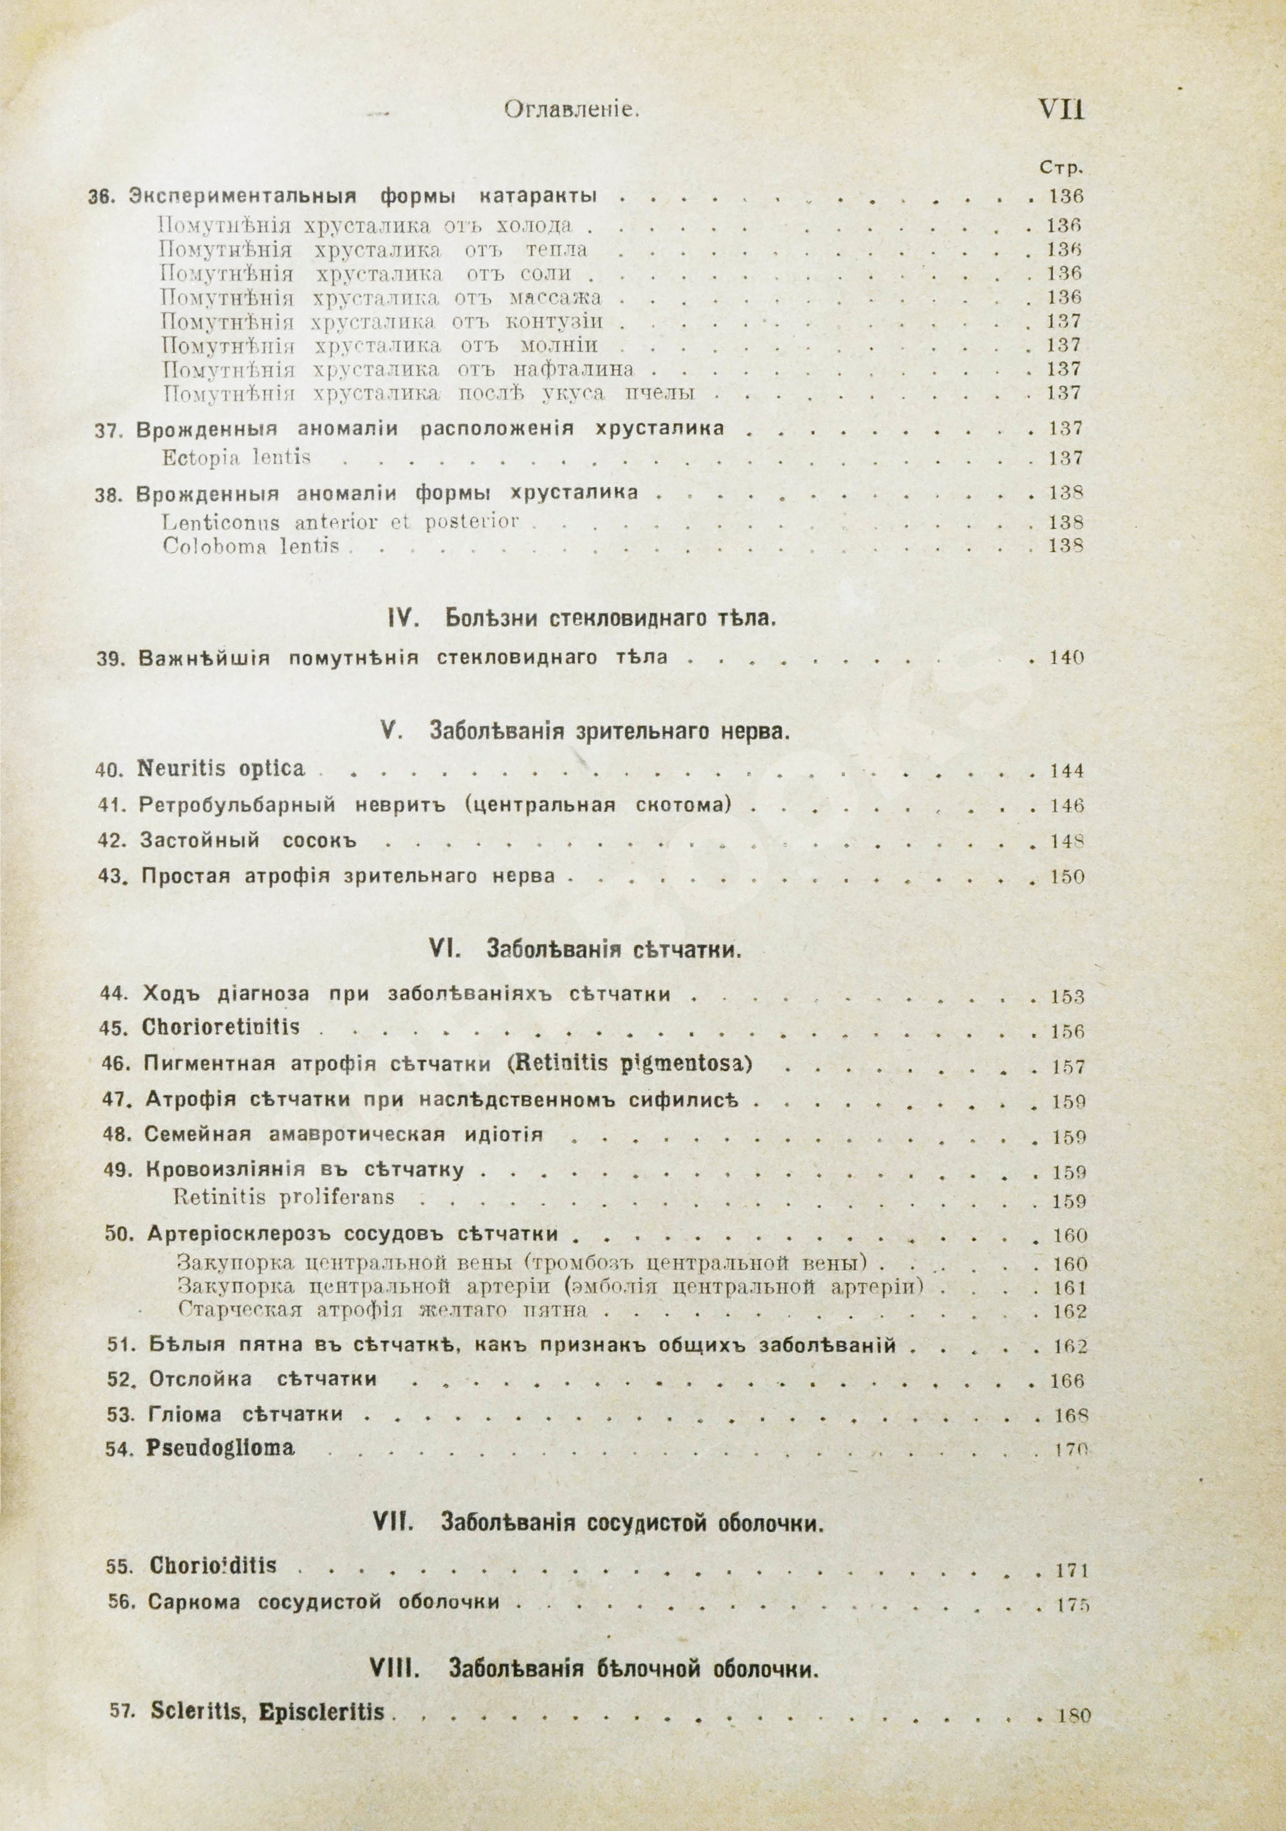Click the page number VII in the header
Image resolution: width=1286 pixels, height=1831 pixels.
click(x=1060, y=109)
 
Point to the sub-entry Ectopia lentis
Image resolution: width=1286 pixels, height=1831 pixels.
click(x=236, y=458)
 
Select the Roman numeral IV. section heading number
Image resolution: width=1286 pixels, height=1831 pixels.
click(x=397, y=617)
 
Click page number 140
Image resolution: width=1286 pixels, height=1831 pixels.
click(x=1067, y=659)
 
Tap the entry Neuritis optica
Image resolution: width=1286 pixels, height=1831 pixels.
click(x=222, y=769)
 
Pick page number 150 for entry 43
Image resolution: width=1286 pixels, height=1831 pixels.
click(x=1067, y=877)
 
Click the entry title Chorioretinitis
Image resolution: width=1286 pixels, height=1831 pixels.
click(x=221, y=1027)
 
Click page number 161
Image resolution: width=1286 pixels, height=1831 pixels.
click(x=1070, y=1288)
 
